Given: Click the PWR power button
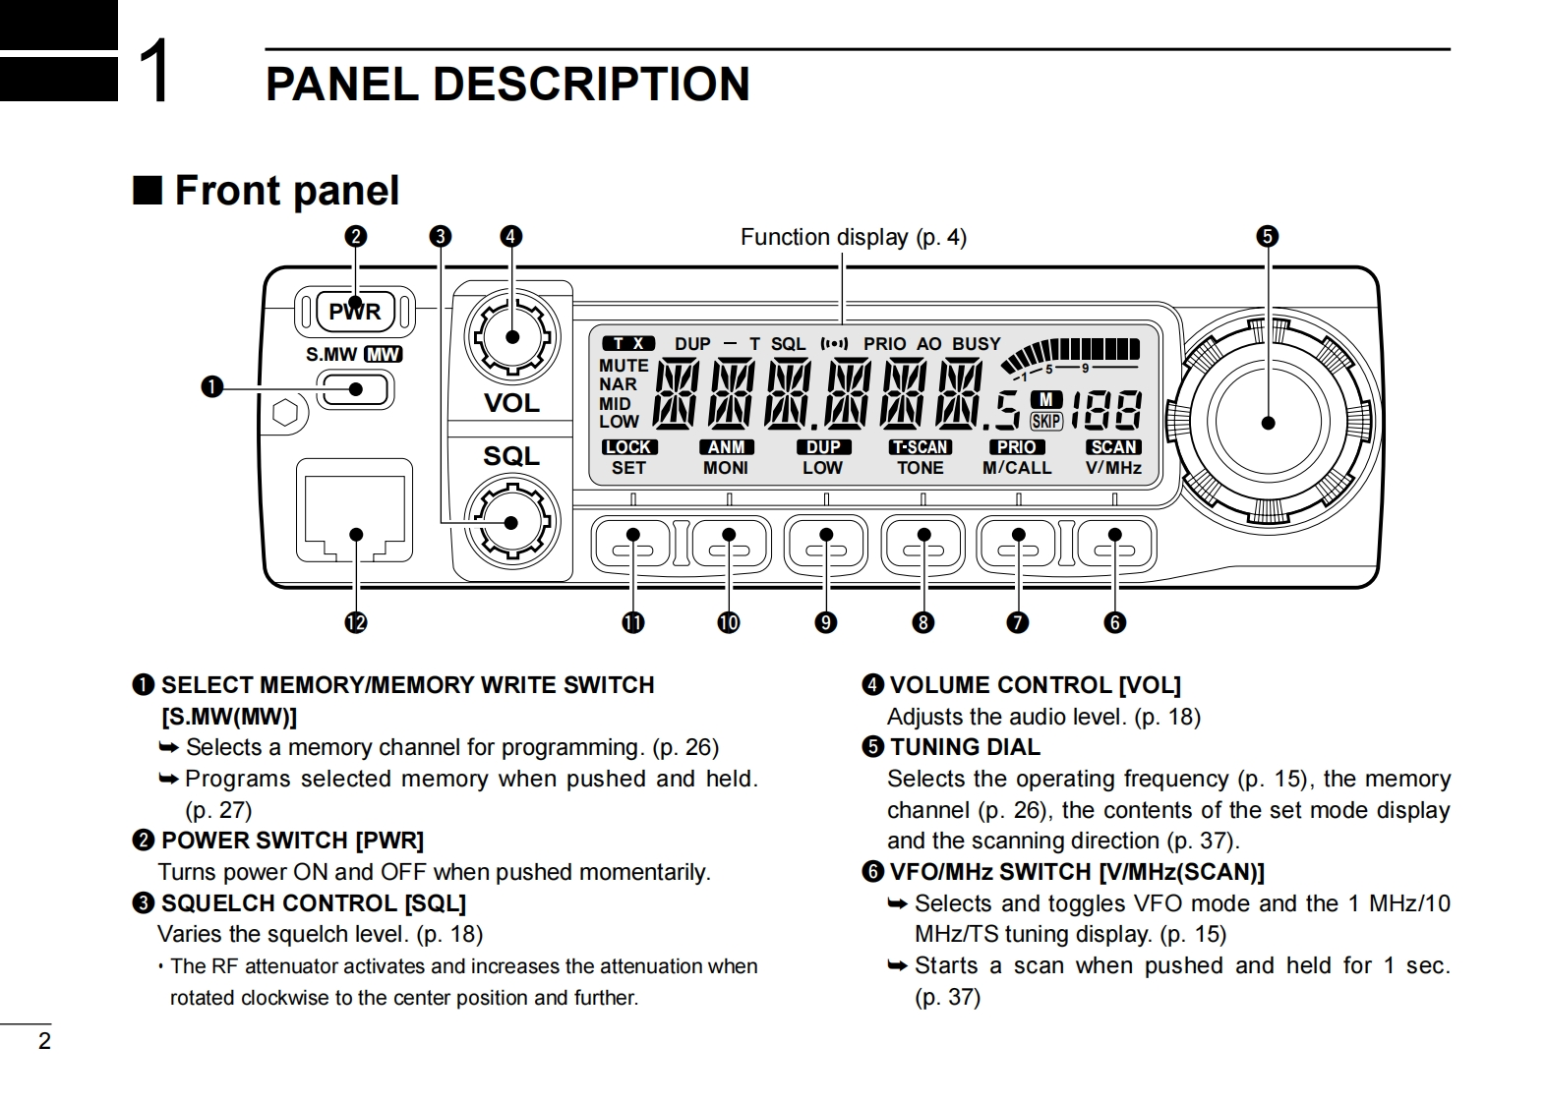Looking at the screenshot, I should tap(355, 312).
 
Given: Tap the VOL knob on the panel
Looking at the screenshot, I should tap(511, 337).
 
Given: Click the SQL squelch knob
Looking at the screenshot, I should tap(511, 522).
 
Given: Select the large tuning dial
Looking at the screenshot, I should tap(1268, 423).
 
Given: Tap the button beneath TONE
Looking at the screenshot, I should tap(922, 543).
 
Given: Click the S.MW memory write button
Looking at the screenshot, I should tap(355, 390).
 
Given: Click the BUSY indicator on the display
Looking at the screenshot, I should tap(976, 344).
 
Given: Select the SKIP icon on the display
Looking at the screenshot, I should tap(1045, 421).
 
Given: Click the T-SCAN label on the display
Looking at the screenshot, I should tap(920, 447).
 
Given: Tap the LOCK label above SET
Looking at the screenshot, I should tap(628, 447).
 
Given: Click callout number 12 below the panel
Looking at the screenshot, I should tap(355, 622).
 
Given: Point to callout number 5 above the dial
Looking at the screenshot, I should tap(1267, 236).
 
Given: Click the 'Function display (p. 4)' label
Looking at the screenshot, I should tap(853, 237).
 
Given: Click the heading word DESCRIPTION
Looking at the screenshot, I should tap(591, 84).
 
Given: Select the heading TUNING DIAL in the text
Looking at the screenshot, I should tap(964, 747).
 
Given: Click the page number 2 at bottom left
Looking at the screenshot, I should tap(43, 1042).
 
